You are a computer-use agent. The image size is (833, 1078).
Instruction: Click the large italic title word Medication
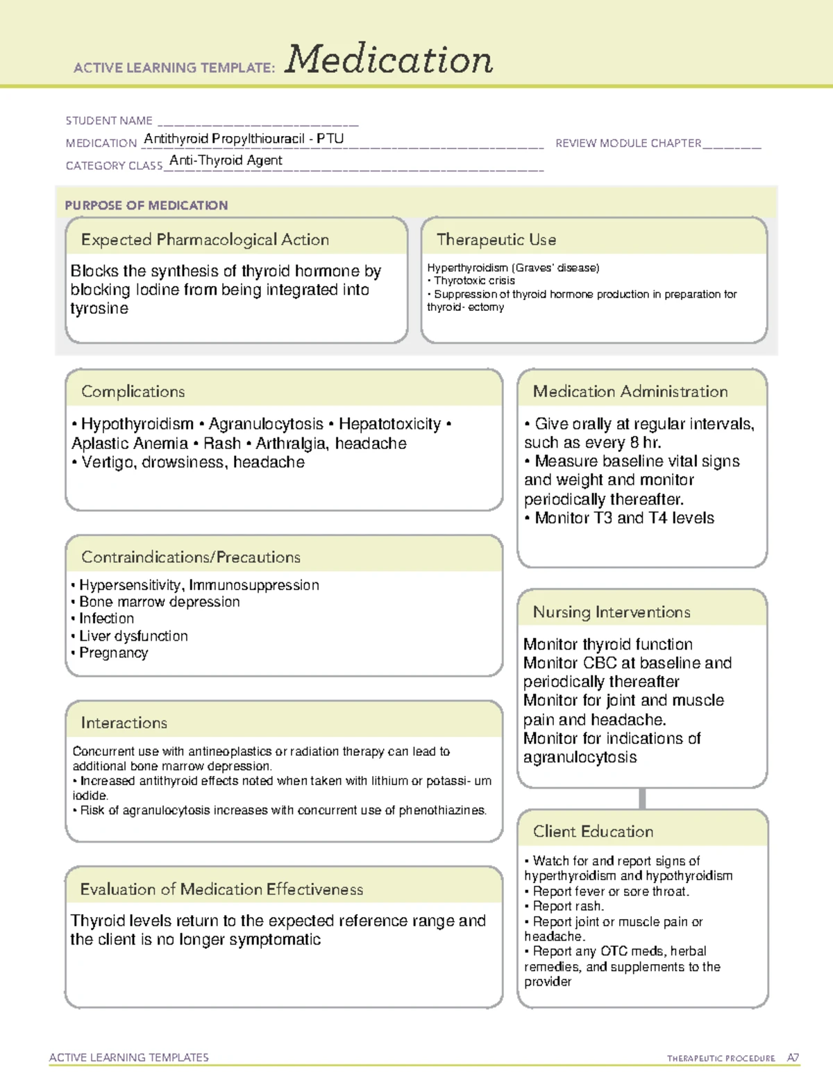click(389, 60)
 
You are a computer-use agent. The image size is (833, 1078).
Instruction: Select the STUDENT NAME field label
click(109, 121)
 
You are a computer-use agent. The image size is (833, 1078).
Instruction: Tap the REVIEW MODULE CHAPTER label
click(628, 143)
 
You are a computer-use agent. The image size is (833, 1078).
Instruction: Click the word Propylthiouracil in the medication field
click(258, 139)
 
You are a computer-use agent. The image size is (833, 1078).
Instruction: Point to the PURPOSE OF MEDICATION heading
click(146, 205)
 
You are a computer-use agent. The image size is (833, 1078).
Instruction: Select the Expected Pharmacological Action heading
click(205, 239)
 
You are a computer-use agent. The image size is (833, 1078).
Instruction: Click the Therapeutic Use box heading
click(496, 239)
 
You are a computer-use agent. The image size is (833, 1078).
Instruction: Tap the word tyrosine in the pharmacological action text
click(99, 308)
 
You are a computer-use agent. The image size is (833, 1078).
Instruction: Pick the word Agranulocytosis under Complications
click(266, 424)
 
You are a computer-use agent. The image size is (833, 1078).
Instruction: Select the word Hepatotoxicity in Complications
click(389, 424)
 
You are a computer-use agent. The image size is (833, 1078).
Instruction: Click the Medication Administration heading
click(630, 391)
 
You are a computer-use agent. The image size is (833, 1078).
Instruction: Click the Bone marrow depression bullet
click(159, 602)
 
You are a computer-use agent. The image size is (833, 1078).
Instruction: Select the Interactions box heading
click(124, 723)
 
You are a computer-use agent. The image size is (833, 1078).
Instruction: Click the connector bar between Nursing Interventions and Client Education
click(642, 798)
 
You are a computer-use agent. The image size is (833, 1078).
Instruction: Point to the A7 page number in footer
click(793, 1058)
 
